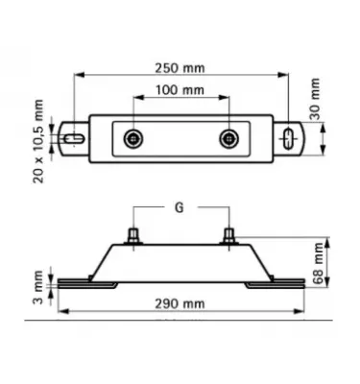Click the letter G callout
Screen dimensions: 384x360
tap(180, 207)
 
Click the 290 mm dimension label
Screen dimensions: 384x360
tap(179, 303)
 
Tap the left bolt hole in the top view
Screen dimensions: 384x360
tap(131, 138)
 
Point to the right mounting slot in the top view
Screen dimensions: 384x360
tap(288, 137)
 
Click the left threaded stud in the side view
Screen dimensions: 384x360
tap(131, 235)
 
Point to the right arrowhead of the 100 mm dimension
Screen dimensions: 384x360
tap(227, 98)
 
